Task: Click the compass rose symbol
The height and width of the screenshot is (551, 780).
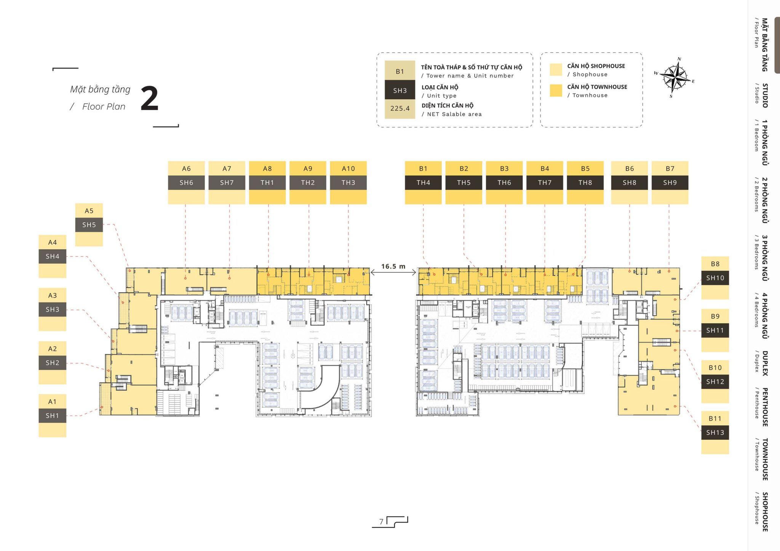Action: (x=674, y=77)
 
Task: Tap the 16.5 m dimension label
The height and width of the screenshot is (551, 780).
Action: (x=393, y=266)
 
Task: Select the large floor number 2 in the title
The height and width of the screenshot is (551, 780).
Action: (x=149, y=99)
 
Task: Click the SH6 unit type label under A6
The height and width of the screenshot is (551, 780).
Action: (x=186, y=183)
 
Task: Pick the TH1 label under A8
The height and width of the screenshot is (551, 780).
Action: (x=267, y=183)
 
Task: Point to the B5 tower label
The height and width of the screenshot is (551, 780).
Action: (x=585, y=169)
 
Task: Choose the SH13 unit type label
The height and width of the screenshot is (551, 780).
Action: (x=715, y=433)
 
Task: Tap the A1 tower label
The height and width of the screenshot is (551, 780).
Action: (x=52, y=401)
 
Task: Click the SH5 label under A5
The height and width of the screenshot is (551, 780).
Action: (x=89, y=225)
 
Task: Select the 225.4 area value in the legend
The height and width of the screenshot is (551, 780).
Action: (x=400, y=108)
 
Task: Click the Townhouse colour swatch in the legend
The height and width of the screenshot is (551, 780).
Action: (x=556, y=91)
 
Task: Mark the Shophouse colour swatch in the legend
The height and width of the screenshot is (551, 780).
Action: (x=556, y=70)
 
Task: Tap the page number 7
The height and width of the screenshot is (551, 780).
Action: (x=381, y=522)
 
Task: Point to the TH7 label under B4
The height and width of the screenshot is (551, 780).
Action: (x=545, y=183)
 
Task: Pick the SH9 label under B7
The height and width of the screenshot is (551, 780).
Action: (x=670, y=183)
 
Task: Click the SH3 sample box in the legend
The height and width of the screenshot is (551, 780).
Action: (x=400, y=90)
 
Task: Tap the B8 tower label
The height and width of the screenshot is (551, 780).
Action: (x=715, y=264)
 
